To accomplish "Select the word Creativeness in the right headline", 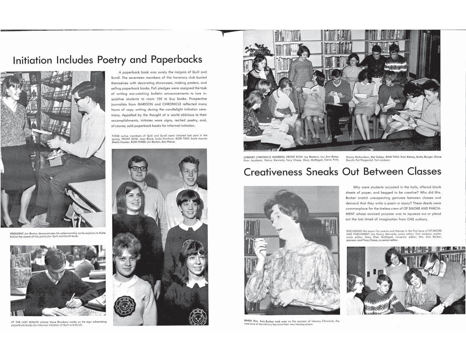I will point(273,172).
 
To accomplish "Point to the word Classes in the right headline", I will point(424,171).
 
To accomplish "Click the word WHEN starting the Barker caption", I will point(248,321).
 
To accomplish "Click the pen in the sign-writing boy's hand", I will point(73,296).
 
